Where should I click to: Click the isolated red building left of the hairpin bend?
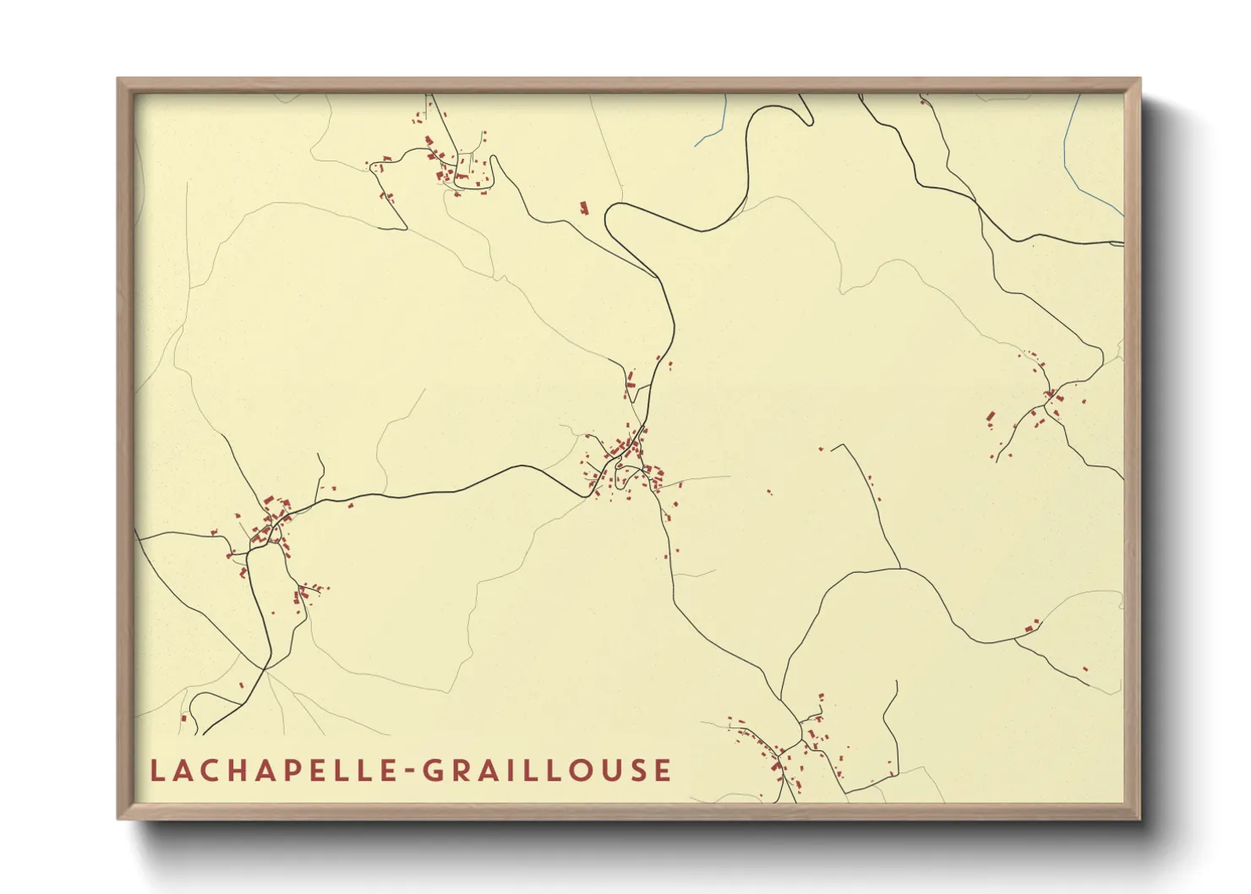[x=583, y=206]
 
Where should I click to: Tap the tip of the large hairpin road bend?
[x=609, y=221]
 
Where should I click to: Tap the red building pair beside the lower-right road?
[x=1031, y=626]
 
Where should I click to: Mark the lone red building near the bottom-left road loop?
[x=183, y=718]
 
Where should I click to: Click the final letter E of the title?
[x=664, y=771]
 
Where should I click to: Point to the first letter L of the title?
[x=156, y=771]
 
